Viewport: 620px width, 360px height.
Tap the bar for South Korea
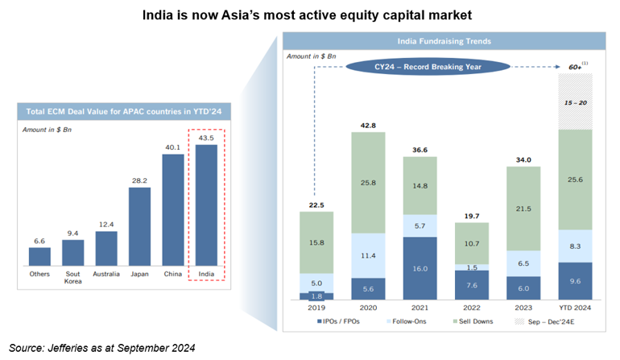[x=72, y=252]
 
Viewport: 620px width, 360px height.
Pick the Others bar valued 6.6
[x=39, y=256]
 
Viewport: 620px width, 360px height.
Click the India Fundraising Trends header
[x=444, y=41]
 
